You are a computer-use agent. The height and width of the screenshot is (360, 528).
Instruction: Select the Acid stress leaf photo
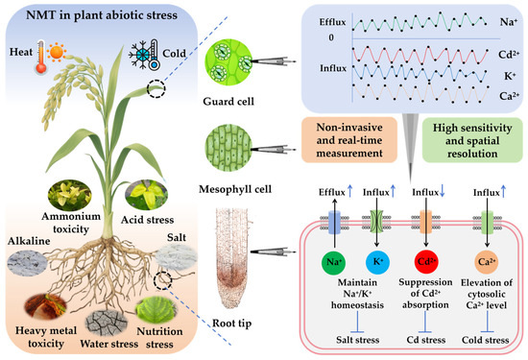click(152, 193)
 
